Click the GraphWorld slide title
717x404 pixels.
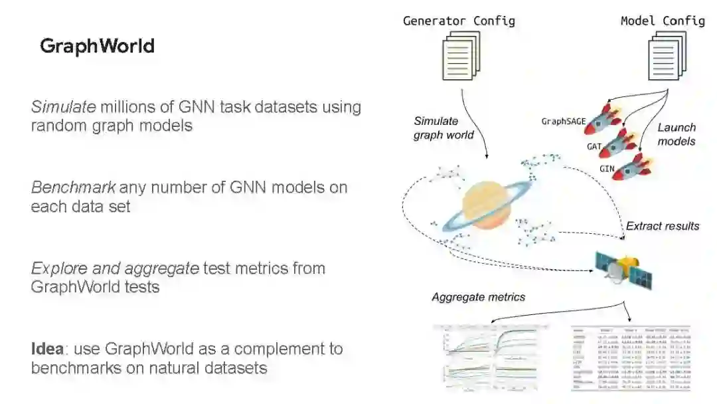click(97, 46)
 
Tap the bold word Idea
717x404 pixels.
click(46, 349)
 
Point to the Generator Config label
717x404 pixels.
click(459, 21)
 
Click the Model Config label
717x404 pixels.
click(663, 21)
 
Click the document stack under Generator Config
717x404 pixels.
click(461, 56)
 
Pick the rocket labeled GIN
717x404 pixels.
click(631, 166)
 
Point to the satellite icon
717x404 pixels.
click(623, 270)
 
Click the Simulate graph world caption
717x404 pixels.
click(443, 128)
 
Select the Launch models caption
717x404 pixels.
click(677, 134)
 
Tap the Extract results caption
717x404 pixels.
click(663, 226)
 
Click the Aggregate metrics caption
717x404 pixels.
click(478, 297)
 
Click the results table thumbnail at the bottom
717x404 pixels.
click(631, 358)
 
